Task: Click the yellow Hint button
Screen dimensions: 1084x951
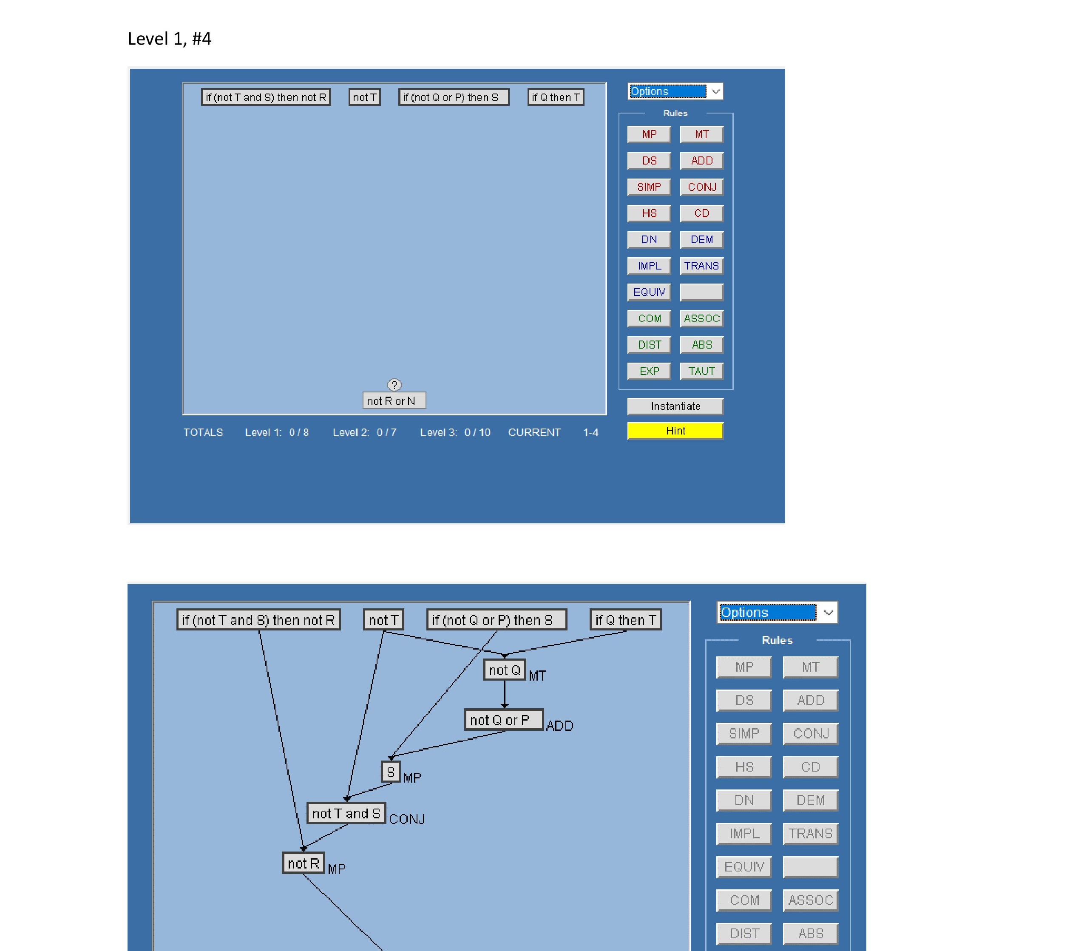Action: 675,431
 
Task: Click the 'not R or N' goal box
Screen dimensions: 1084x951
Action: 394,400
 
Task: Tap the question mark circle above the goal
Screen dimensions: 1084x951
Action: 394,385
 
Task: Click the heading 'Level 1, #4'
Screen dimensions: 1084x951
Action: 169,39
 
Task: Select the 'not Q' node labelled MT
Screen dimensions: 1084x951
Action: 504,670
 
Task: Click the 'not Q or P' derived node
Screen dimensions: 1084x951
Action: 504,720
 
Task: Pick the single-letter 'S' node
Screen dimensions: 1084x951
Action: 390,772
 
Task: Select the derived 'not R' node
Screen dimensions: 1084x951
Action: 304,863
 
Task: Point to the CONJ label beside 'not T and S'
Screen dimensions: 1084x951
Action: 407,819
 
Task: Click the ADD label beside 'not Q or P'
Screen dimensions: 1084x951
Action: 559,726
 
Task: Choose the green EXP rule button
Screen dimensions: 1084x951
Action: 649,371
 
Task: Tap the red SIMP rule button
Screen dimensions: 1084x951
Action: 649,187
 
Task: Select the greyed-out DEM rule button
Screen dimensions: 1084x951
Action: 810,800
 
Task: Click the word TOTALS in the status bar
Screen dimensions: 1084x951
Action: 203,432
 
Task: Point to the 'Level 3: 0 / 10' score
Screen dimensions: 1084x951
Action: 455,432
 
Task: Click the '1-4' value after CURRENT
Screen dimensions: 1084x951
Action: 591,432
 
